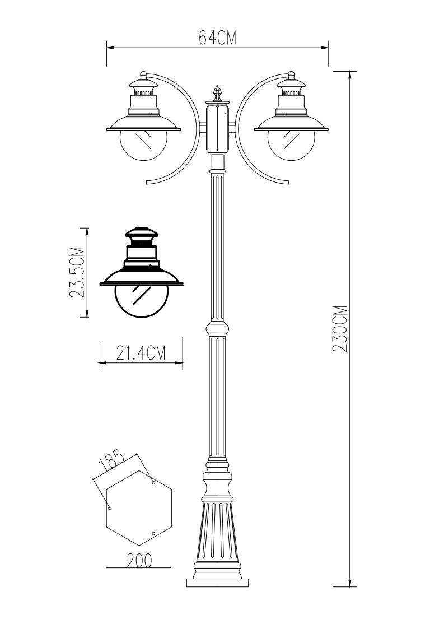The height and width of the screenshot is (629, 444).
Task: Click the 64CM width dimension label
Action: (x=217, y=38)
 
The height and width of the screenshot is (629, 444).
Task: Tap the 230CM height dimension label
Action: (x=340, y=329)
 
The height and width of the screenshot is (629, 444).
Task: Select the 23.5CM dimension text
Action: (x=77, y=272)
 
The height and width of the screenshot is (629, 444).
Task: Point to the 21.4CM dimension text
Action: (x=141, y=353)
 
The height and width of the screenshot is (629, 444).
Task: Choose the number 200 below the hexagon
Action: (x=139, y=560)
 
